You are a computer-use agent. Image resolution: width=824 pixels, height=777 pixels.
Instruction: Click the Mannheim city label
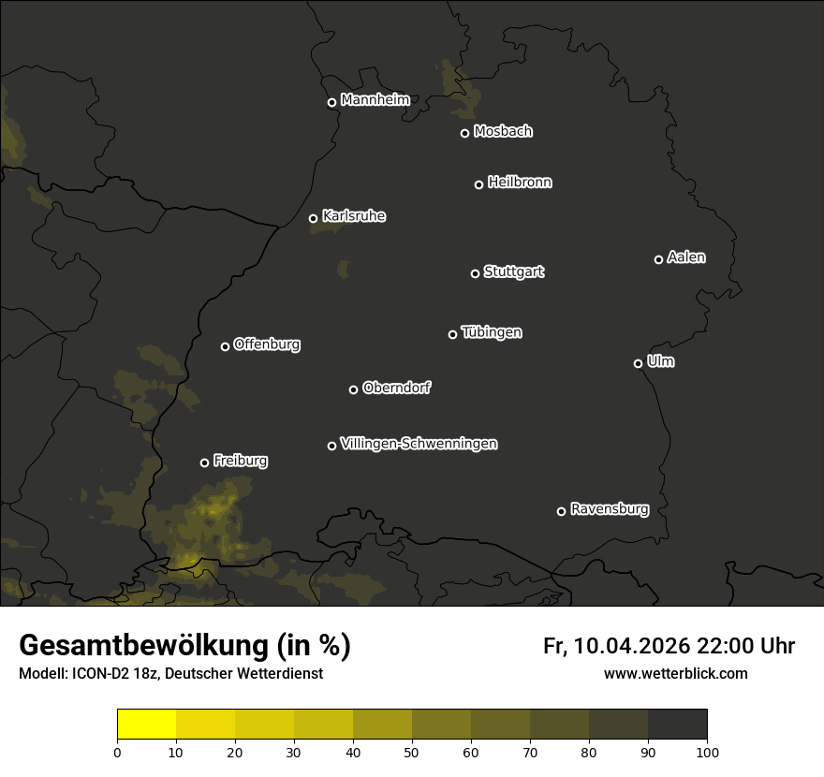375,100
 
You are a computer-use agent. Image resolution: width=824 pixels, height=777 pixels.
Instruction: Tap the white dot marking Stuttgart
475,273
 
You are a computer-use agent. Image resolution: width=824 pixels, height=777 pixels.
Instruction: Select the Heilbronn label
520,183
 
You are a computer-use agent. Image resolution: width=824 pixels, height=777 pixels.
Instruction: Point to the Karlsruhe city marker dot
313,219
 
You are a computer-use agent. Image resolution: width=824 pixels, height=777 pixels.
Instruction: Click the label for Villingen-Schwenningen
419,444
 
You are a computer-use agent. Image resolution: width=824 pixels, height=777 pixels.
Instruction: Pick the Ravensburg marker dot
561,511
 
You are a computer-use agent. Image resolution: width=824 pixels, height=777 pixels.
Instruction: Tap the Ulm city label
660,361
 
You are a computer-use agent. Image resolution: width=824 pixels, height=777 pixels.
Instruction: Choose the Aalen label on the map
686,257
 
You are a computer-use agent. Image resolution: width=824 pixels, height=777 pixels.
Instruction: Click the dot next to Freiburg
204,462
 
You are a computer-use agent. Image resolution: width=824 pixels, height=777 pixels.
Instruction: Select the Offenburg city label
267,345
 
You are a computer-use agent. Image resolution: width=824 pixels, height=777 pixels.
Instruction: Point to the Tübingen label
492,332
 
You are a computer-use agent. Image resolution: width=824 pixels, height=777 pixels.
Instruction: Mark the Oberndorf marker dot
353,389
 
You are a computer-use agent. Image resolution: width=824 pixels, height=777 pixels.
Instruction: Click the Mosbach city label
503,132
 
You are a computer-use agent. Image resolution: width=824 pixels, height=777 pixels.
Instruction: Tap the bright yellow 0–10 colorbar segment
147,725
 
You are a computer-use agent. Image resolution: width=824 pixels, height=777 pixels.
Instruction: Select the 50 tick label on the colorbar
412,752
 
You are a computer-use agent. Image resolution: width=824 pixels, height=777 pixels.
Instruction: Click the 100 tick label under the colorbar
706,752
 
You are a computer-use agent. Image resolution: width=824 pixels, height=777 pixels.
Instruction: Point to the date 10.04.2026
632,646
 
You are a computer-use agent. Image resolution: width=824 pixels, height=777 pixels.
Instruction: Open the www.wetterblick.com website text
675,674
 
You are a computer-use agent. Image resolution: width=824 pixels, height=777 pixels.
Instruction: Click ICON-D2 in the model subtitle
96,674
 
